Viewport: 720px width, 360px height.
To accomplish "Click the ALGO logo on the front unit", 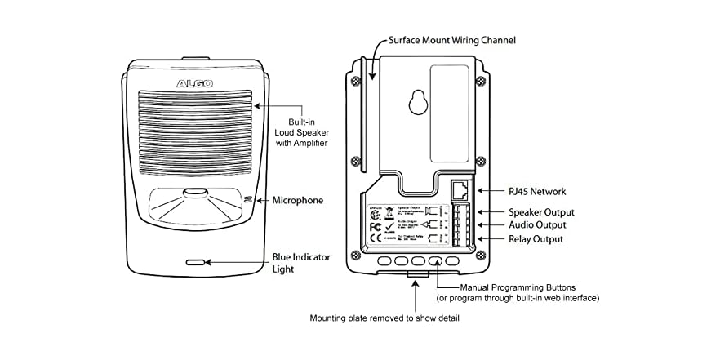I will point(194,84).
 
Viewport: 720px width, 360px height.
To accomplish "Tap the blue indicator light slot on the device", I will point(195,263).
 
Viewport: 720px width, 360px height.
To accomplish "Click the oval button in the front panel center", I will point(194,194).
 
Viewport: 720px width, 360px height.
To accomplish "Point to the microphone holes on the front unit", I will point(248,200).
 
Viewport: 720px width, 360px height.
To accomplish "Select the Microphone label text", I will point(298,200).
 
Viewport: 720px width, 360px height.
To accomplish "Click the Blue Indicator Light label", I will point(300,263).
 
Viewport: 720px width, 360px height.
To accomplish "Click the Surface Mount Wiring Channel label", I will point(451,39).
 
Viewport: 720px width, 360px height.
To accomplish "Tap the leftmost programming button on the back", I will point(383,262).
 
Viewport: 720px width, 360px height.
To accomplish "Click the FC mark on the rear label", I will point(376,226).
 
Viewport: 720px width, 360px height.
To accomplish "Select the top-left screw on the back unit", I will point(357,81).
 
